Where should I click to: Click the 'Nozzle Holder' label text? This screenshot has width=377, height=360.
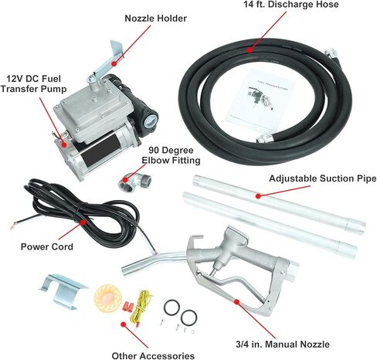point(155,19)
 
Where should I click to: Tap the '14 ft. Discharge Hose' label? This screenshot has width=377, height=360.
point(291,5)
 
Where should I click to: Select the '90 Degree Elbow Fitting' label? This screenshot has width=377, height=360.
point(171,155)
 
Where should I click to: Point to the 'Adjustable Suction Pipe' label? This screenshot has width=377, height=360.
point(322,178)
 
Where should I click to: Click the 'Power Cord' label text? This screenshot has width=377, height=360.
point(47,246)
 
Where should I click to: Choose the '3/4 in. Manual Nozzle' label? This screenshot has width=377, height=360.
point(283,345)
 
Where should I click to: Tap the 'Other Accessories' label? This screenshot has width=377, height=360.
point(153,355)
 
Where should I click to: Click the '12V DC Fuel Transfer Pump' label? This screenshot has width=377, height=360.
point(33,84)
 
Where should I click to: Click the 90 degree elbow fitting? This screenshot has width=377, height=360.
point(134,181)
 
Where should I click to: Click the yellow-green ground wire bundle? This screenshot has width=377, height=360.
point(141,307)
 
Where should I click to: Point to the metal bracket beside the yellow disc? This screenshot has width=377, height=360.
point(63,291)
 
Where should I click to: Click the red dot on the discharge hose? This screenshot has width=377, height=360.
point(250,50)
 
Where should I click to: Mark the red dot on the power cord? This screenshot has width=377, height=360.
point(83,222)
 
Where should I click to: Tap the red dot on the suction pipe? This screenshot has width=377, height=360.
point(258,196)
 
